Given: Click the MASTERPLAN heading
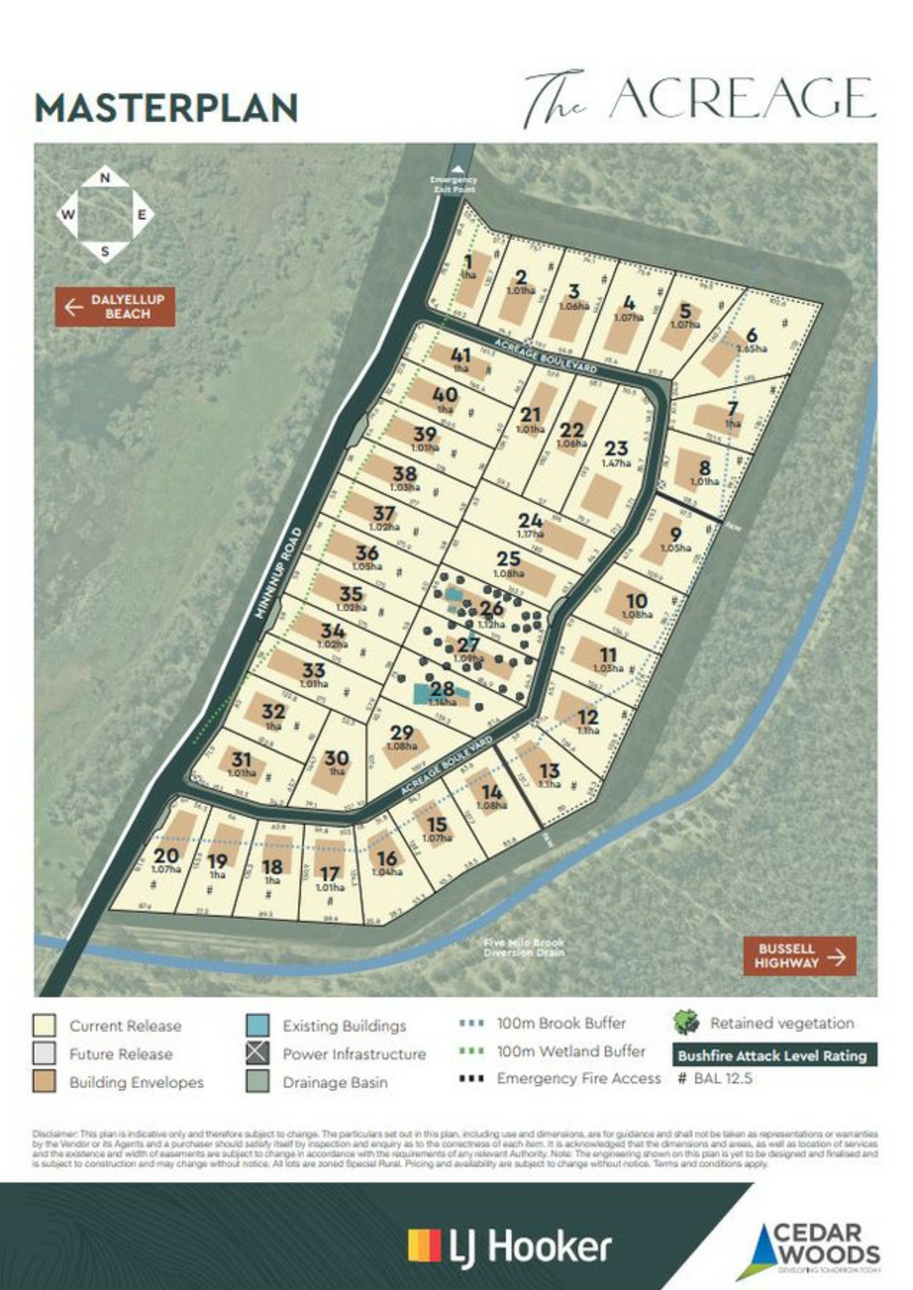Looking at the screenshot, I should click(166, 108).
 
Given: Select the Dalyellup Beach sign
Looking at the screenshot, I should click(115, 307).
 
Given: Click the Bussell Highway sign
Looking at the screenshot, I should click(799, 956).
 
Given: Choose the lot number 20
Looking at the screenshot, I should click(166, 856).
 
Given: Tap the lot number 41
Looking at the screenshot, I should click(461, 355).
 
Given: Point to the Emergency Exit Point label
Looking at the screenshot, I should click(453, 185).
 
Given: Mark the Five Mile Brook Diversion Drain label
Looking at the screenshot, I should click(524, 948).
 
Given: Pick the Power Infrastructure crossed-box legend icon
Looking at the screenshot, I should click(257, 1053).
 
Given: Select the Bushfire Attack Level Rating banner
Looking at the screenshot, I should click(774, 1055).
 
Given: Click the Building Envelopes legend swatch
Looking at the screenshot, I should click(44, 1082).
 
